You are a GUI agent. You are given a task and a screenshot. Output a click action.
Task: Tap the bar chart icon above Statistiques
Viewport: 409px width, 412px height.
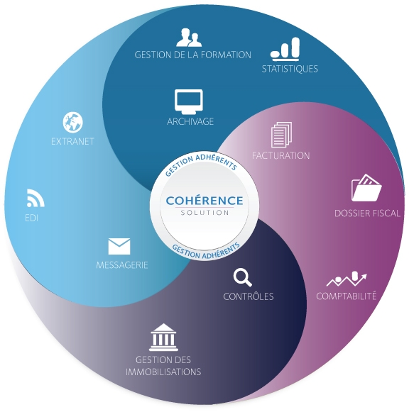[x=285, y=48]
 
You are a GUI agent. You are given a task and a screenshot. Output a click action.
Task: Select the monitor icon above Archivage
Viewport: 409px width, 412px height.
[x=189, y=102]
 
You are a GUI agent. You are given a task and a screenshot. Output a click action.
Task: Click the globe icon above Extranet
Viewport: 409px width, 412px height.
[x=73, y=122]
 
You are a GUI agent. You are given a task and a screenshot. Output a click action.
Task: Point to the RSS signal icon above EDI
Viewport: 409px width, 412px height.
[x=36, y=198]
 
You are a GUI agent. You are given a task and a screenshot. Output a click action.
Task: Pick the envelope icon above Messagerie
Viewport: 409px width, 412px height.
[x=119, y=247]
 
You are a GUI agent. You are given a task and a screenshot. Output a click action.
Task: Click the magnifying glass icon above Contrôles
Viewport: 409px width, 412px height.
[x=243, y=278]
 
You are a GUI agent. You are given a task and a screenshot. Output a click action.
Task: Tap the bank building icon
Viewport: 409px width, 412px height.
[x=163, y=337]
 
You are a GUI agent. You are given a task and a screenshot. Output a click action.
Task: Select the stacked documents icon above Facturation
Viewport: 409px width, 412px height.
[x=281, y=135]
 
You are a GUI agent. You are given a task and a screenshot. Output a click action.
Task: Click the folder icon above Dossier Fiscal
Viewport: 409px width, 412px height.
[x=366, y=188]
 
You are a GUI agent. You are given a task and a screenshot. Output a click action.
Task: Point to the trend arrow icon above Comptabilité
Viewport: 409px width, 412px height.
[x=347, y=279]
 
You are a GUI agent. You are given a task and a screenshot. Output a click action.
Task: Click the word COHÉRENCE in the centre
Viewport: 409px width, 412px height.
[x=204, y=201]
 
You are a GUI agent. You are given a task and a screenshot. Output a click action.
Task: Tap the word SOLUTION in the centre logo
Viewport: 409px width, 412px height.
[x=204, y=213]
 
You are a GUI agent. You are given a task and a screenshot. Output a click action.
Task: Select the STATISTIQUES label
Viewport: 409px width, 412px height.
[x=290, y=69]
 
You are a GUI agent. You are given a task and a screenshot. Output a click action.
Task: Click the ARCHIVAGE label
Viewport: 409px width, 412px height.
[x=190, y=121]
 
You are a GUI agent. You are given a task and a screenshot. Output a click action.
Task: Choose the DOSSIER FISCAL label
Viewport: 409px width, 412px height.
[x=367, y=213]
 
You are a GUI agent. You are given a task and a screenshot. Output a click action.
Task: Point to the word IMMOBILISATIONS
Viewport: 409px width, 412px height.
[x=163, y=372]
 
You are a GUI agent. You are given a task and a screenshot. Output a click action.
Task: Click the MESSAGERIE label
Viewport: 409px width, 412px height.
[x=122, y=265]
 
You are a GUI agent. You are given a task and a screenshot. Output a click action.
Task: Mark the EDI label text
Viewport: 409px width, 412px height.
[x=31, y=218]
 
